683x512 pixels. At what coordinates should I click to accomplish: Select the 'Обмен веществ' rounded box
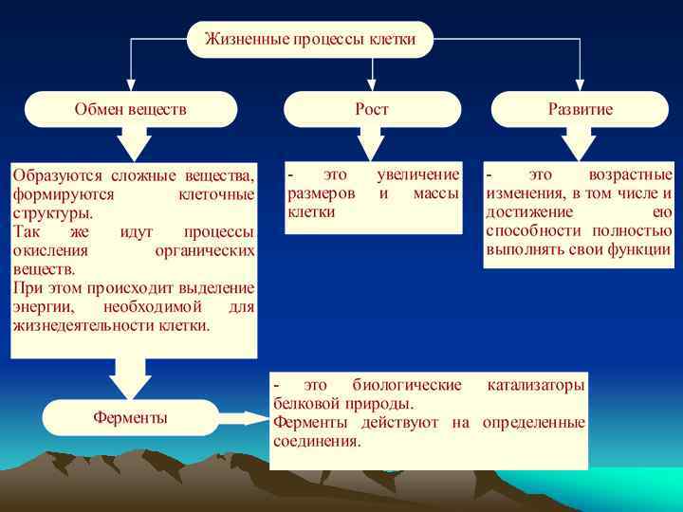[x=131, y=109]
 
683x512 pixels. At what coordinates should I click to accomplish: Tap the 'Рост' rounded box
[x=372, y=109]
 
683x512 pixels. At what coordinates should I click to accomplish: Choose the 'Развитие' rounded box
[x=580, y=109]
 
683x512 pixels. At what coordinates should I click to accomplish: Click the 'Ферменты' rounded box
[x=131, y=417]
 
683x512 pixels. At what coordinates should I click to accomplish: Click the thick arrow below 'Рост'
[x=372, y=143]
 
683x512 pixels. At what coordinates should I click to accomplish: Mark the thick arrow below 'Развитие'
[x=580, y=143]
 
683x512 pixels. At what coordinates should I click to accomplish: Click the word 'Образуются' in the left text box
[x=50, y=175]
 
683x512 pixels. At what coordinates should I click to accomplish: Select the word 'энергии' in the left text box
[x=39, y=307]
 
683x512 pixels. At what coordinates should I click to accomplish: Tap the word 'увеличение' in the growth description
[x=417, y=175]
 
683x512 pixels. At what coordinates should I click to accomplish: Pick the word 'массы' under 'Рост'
[x=436, y=193]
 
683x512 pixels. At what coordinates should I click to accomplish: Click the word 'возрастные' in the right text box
[x=630, y=175]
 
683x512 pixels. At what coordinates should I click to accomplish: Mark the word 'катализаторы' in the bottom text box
[x=535, y=385]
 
